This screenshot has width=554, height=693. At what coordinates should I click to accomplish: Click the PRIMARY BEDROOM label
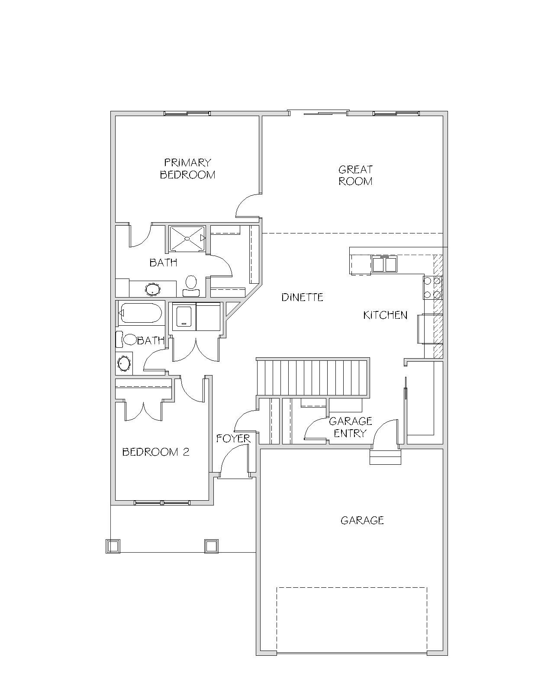pos(187,168)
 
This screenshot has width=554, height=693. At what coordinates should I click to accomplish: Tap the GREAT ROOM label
pos(355,175)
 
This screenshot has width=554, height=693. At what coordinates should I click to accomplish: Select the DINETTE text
pos(302,297)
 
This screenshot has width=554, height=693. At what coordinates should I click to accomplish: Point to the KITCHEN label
pos(385,315)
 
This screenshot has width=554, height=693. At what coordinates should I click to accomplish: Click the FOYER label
pos(233,438)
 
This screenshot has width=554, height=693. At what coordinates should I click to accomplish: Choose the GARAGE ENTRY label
pos(350,427)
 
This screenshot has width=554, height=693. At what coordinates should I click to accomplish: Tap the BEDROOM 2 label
pos(155,452)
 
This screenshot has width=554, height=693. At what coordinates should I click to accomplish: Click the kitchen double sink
pos(384,264)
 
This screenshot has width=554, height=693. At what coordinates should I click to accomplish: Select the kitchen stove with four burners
pos(432,288)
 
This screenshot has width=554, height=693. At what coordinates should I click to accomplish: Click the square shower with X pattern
pos(187,239)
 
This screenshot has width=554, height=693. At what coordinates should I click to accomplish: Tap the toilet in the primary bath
pos(191,286)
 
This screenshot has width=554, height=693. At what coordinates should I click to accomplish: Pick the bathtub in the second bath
pos(140,313)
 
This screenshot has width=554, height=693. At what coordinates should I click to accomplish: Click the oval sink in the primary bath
pos(153,289)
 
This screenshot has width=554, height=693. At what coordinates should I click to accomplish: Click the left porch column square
pos(113,547)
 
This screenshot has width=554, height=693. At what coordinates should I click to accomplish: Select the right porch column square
pos(211,547)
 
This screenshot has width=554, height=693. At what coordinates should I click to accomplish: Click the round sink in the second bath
pos(124,363)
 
